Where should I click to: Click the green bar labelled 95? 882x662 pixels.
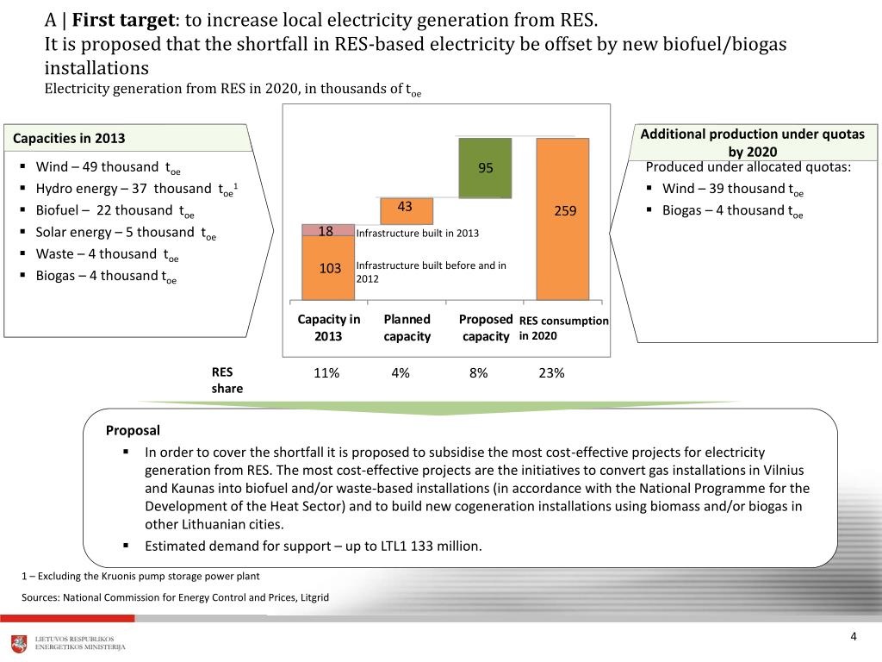point(485,168)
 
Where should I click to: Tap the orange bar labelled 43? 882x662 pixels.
point(406,210)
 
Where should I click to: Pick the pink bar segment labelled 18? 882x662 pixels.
point(328,230)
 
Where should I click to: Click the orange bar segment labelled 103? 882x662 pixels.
point(328,268)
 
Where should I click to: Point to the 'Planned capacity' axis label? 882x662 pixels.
point(407,328)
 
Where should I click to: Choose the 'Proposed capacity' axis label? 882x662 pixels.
point(486,328)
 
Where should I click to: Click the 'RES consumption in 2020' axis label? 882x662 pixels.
point(563,328)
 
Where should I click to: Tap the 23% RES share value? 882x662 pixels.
point(552,373)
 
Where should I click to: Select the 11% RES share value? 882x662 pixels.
point(327,373)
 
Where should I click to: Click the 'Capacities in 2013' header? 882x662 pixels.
point(69,138)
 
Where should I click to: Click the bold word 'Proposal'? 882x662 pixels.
point(133,430)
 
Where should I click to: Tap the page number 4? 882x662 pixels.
point(853,636)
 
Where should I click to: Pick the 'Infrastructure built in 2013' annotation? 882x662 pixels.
point(418,233)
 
